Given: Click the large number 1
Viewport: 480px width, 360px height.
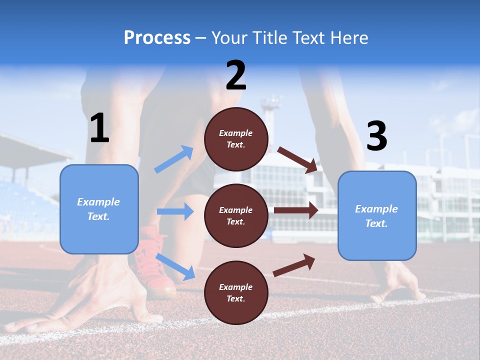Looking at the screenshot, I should (x=99, y=128).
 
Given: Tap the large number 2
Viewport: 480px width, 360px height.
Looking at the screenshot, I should (x=236, y=75).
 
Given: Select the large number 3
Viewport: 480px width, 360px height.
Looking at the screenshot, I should (x=377, y=136).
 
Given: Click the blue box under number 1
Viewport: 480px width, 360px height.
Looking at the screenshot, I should (x=99, y=209).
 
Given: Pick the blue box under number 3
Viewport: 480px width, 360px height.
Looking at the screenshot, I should (x=377, y=216).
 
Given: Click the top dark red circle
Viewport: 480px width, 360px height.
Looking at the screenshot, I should (x=236, y=139).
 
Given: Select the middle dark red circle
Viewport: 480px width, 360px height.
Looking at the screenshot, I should (x=236, y=215).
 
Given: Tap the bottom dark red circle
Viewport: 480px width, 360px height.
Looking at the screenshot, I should (x=236, y=292).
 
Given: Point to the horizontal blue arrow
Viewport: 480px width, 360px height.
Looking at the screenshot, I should (x=175, y=211).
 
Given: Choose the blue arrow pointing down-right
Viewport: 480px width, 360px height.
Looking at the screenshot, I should (x=175, y=266).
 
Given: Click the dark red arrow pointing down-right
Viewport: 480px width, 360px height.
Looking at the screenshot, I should (x=297, y=159).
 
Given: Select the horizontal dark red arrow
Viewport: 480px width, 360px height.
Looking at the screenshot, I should (x=296, y=211).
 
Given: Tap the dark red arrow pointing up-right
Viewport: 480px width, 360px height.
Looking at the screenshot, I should (x=294, y=264).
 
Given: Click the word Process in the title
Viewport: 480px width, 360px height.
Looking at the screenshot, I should (x=157, y=37).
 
